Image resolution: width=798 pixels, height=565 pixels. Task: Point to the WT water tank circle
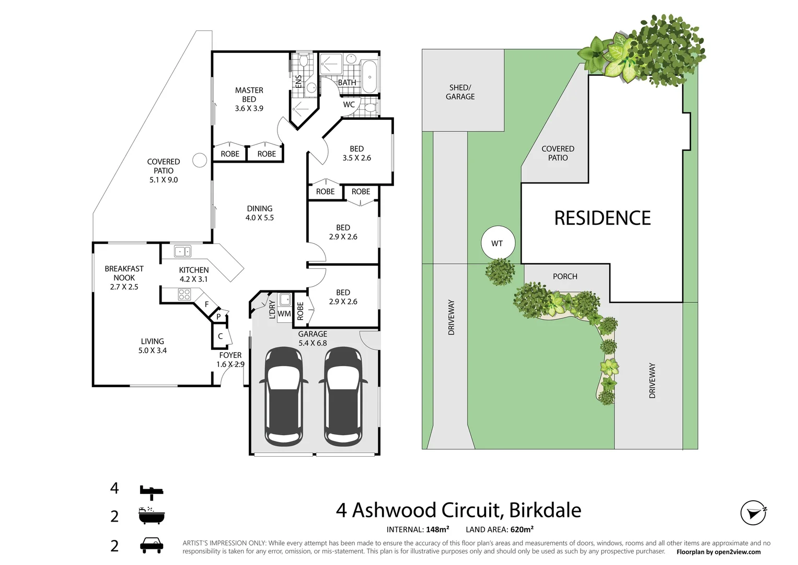tap(498, 243)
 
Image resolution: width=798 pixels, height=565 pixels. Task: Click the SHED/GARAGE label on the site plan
tap(460, 92)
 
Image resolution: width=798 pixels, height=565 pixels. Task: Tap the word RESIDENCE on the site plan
tap(602, 218)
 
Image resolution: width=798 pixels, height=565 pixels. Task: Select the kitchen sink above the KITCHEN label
tap(182, 251)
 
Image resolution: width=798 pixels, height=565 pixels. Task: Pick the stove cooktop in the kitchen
tap(184, 295)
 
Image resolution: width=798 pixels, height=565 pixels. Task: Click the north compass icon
tap(754, 513)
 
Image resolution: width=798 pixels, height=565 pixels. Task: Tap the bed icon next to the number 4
tap(152, 490)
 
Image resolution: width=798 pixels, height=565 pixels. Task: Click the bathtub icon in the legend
tap(152, 516)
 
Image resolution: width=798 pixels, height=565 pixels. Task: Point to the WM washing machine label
tap(284, 314)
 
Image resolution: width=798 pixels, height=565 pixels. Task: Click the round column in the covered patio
tap(200, 160)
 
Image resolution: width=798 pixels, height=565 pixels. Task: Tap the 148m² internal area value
tap(437, 529)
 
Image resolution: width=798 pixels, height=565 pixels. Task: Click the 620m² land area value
tap(522, 529)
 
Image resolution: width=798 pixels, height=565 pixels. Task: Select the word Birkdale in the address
tap(545, 510)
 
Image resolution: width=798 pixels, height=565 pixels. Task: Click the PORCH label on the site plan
tap(565, 276)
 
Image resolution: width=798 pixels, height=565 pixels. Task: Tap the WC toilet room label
tap(349, 105)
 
